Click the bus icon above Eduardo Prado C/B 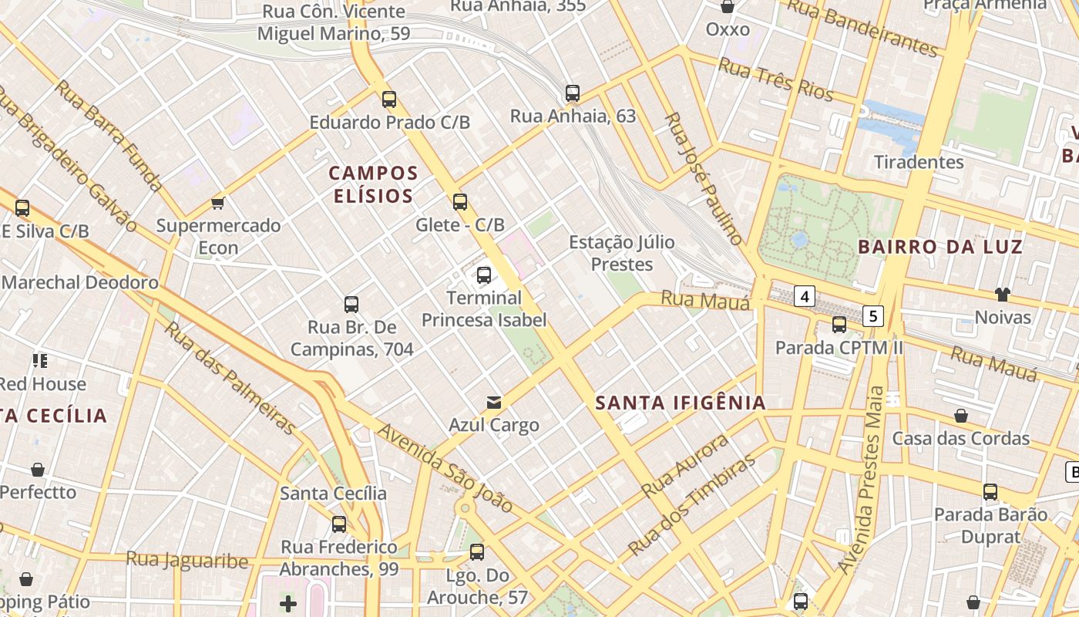point(389,99)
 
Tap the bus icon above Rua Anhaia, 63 point(573,93)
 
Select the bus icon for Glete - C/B point(460,202)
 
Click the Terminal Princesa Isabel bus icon point(484,275)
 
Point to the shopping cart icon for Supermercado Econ point(218,203)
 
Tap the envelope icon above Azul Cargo point(494,402)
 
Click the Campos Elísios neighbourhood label point(375,184)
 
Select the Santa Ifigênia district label point(681,402)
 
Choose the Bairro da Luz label point(940,247)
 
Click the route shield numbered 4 point(805,295)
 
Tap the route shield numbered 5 point(872,315)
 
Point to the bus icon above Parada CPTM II point(839,325)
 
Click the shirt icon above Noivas point(1002,294)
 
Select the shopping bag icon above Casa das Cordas point(961,416)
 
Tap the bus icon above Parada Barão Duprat point(990,491)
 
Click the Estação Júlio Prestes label point(621,253)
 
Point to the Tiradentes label point(919,162)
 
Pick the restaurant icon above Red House point(40,360)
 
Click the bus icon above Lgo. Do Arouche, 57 point(477,552)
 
